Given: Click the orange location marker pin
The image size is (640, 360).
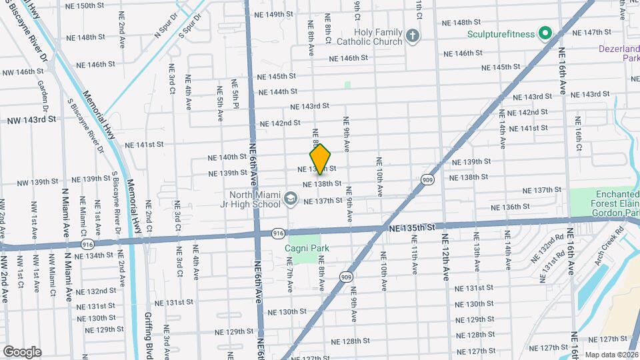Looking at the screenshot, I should click(321, 159).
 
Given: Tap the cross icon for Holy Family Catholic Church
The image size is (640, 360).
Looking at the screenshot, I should click(413, 35).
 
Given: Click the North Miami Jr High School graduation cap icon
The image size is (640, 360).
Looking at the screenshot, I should click(290, 199).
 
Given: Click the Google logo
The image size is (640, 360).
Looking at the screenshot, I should click(21, 351).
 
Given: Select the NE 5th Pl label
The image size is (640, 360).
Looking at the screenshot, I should click(235, 94).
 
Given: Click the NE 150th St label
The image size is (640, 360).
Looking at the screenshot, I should click(85, 5).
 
